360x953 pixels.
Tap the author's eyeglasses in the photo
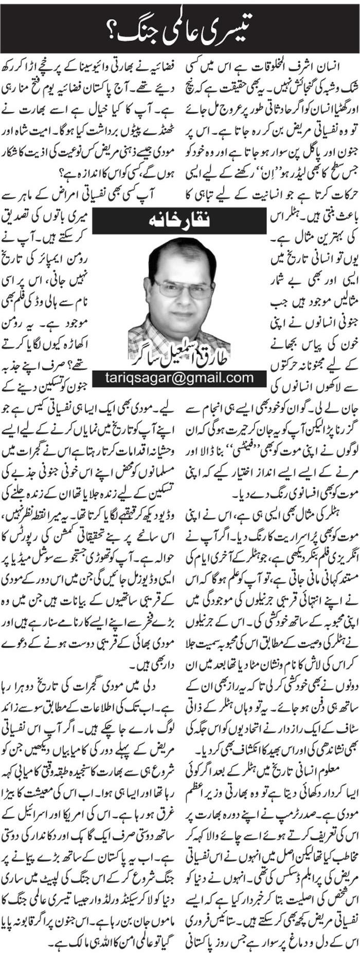[x=183, y=288]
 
